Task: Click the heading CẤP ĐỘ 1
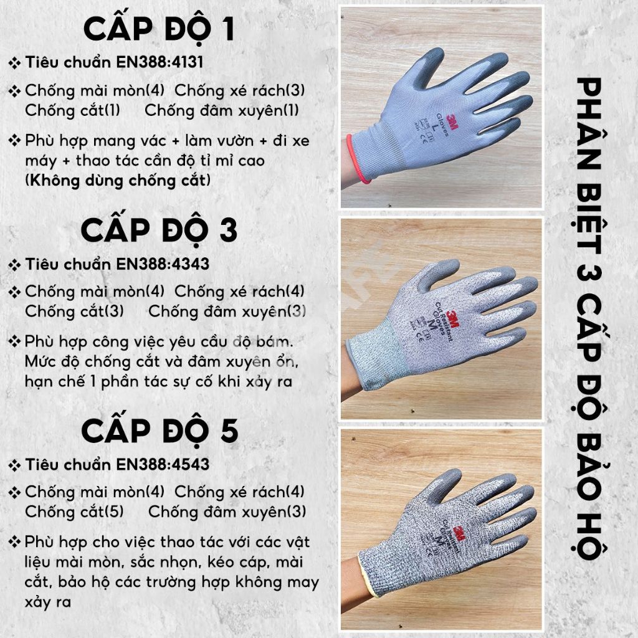(159, 29)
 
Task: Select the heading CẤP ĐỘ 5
(159, 431)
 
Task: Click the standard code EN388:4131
(160, 62)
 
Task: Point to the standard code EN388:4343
(163, 264)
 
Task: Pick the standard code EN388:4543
(163, 464)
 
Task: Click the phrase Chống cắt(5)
(74, 512)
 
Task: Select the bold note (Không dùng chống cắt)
(118, 180)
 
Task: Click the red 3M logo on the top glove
(452, 121)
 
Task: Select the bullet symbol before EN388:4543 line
(15, 465)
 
